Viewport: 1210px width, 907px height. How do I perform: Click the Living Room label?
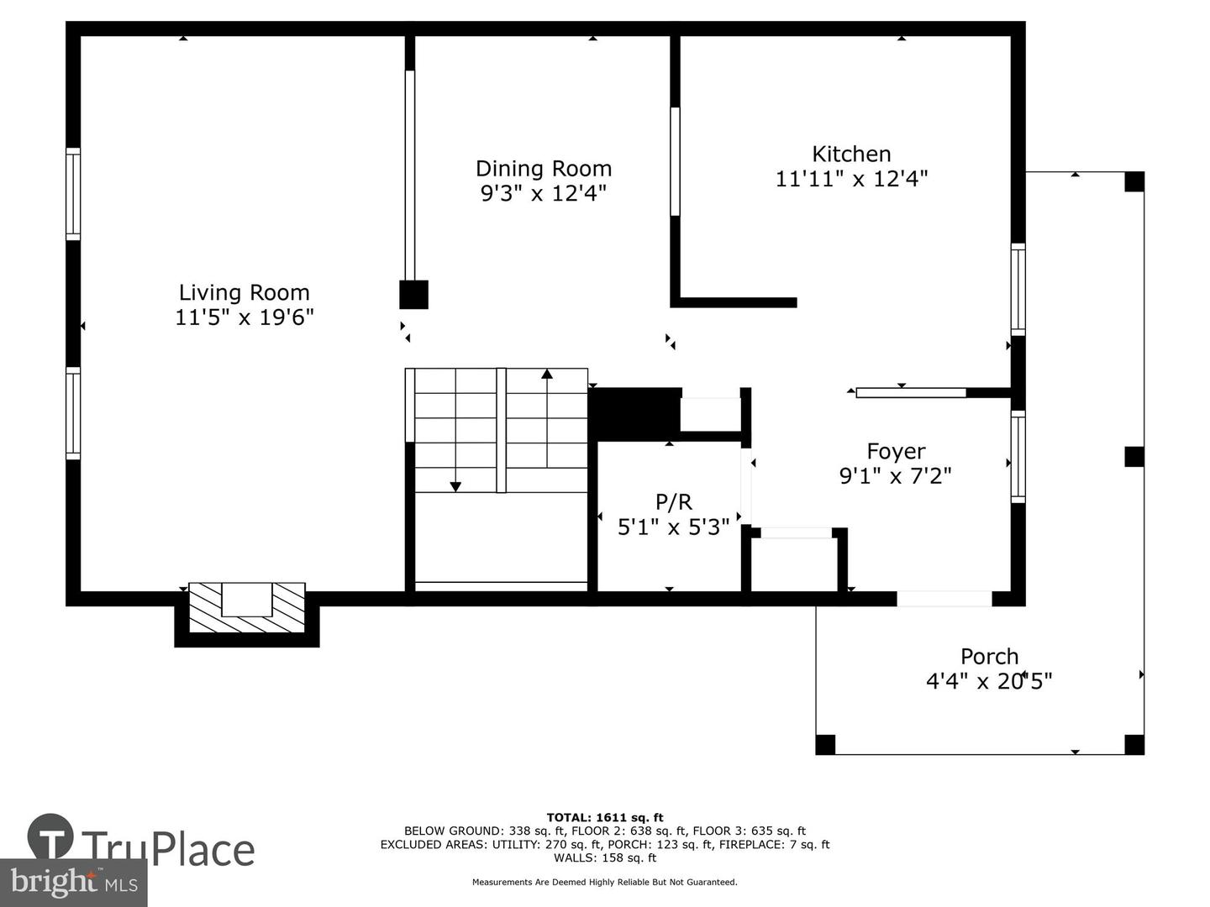pyautogui.click(x=244, y=292)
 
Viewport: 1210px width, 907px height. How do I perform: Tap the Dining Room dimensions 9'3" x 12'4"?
pyautogui.click(x=543, y=194)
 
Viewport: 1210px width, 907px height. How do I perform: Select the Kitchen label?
pyautogui.click(x=851, y=154)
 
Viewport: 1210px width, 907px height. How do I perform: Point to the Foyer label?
pyautogui.click(x=896, y=452)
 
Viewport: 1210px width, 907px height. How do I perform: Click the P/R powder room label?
pyautogui.click(x=673, y=502)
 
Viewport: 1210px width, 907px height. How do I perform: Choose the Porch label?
pyautogui.click(x=989, y=657)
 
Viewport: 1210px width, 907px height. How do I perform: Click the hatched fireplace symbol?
pyautogui.click(x=246, y=608)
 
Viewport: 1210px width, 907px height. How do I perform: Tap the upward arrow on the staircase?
pyautogui.click(x=547, y=375)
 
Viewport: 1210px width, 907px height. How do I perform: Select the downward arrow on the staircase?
pyautogui.click(x=455, y=485)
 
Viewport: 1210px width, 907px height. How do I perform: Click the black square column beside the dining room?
pyautogui.click(x=413, y=295)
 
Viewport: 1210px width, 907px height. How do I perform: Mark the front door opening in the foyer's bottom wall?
pyautogui.click(x=944, y=599)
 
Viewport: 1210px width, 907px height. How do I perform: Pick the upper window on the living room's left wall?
pyautogui.click(x=74, y=194)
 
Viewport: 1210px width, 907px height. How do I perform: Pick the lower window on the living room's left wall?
pyautogui.click(x=74, y=413)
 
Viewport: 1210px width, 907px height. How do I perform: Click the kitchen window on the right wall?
pyautogui.click(x=1018, y=290)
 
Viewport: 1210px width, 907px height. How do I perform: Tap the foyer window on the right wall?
pyautogui.click(x=1018, y=457)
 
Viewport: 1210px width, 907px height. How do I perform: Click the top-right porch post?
pyautogui.click(x=1134, y=181)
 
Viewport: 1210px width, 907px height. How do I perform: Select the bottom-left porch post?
pyautogui.click(x=825, y=744)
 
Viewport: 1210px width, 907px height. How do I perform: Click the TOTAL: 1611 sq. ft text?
pyautogui.click(x=604, y=817)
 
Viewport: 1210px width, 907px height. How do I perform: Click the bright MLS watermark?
pyautogui.click(x=74, y=883)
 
